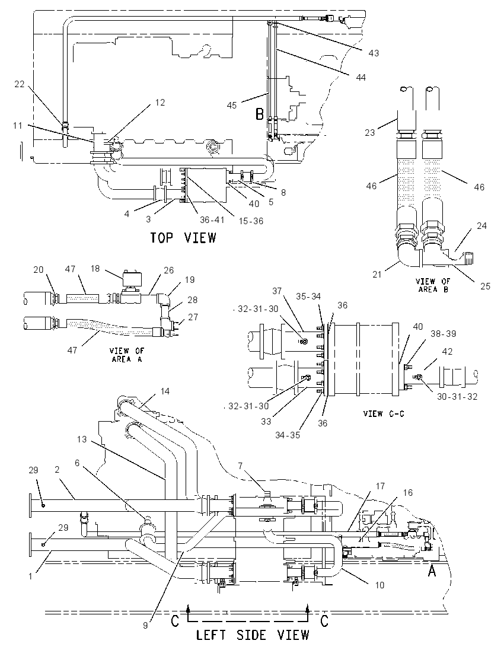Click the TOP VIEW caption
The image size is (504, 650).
tap(183, 238)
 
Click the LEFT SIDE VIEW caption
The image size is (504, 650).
tap(253, 635)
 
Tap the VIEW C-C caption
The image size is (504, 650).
tap(383, 413)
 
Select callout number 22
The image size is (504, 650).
tap(20, 84)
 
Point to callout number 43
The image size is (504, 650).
tap(374, 53)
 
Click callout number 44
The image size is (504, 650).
tap(361, 78)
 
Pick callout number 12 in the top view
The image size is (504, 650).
tap(160, 103)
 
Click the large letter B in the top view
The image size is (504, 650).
tap(260, 114)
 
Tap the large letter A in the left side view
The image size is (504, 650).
tap(432, 571)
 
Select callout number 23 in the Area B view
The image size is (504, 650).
tap(370, 132)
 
